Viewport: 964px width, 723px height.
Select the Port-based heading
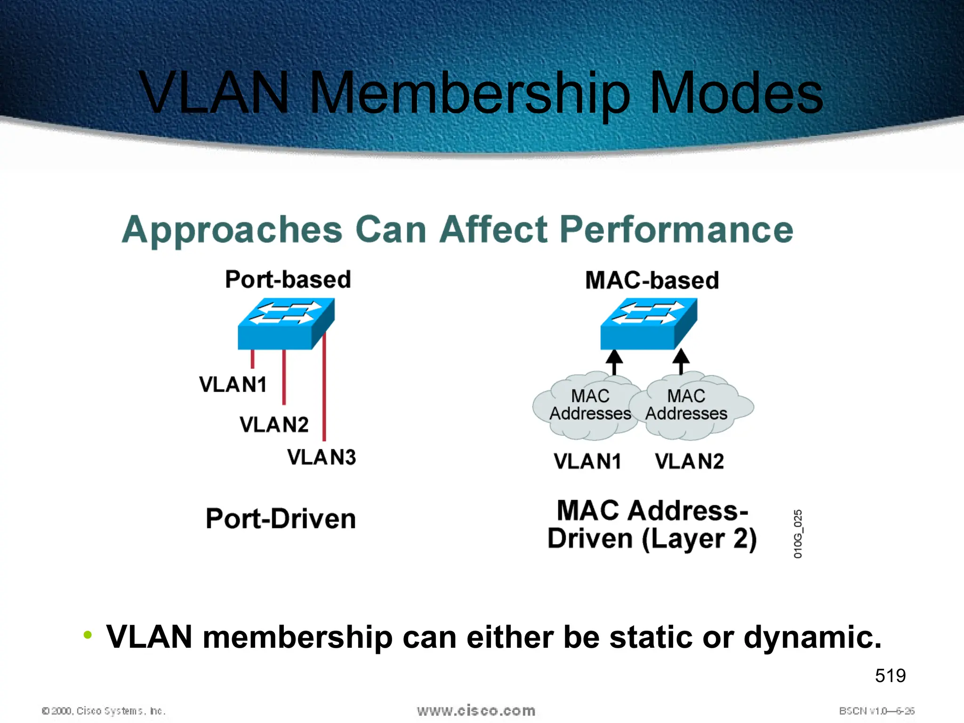288,279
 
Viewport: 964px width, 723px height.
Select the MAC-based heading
652,280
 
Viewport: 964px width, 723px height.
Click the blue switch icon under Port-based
286,324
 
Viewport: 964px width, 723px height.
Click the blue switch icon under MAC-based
648,324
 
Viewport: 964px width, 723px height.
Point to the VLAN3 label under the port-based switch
321,457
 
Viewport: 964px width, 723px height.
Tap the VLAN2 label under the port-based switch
274,425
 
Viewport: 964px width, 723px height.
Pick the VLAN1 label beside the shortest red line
233,385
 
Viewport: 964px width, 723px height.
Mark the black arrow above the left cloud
614,361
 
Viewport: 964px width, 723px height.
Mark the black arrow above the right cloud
681,361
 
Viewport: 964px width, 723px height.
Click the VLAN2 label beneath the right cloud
689,461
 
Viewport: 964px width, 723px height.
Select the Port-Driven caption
281,519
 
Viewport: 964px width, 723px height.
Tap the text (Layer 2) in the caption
699,539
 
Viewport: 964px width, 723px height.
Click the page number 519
890,675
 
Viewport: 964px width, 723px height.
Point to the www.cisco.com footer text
476,710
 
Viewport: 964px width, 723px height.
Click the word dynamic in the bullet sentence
811,637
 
